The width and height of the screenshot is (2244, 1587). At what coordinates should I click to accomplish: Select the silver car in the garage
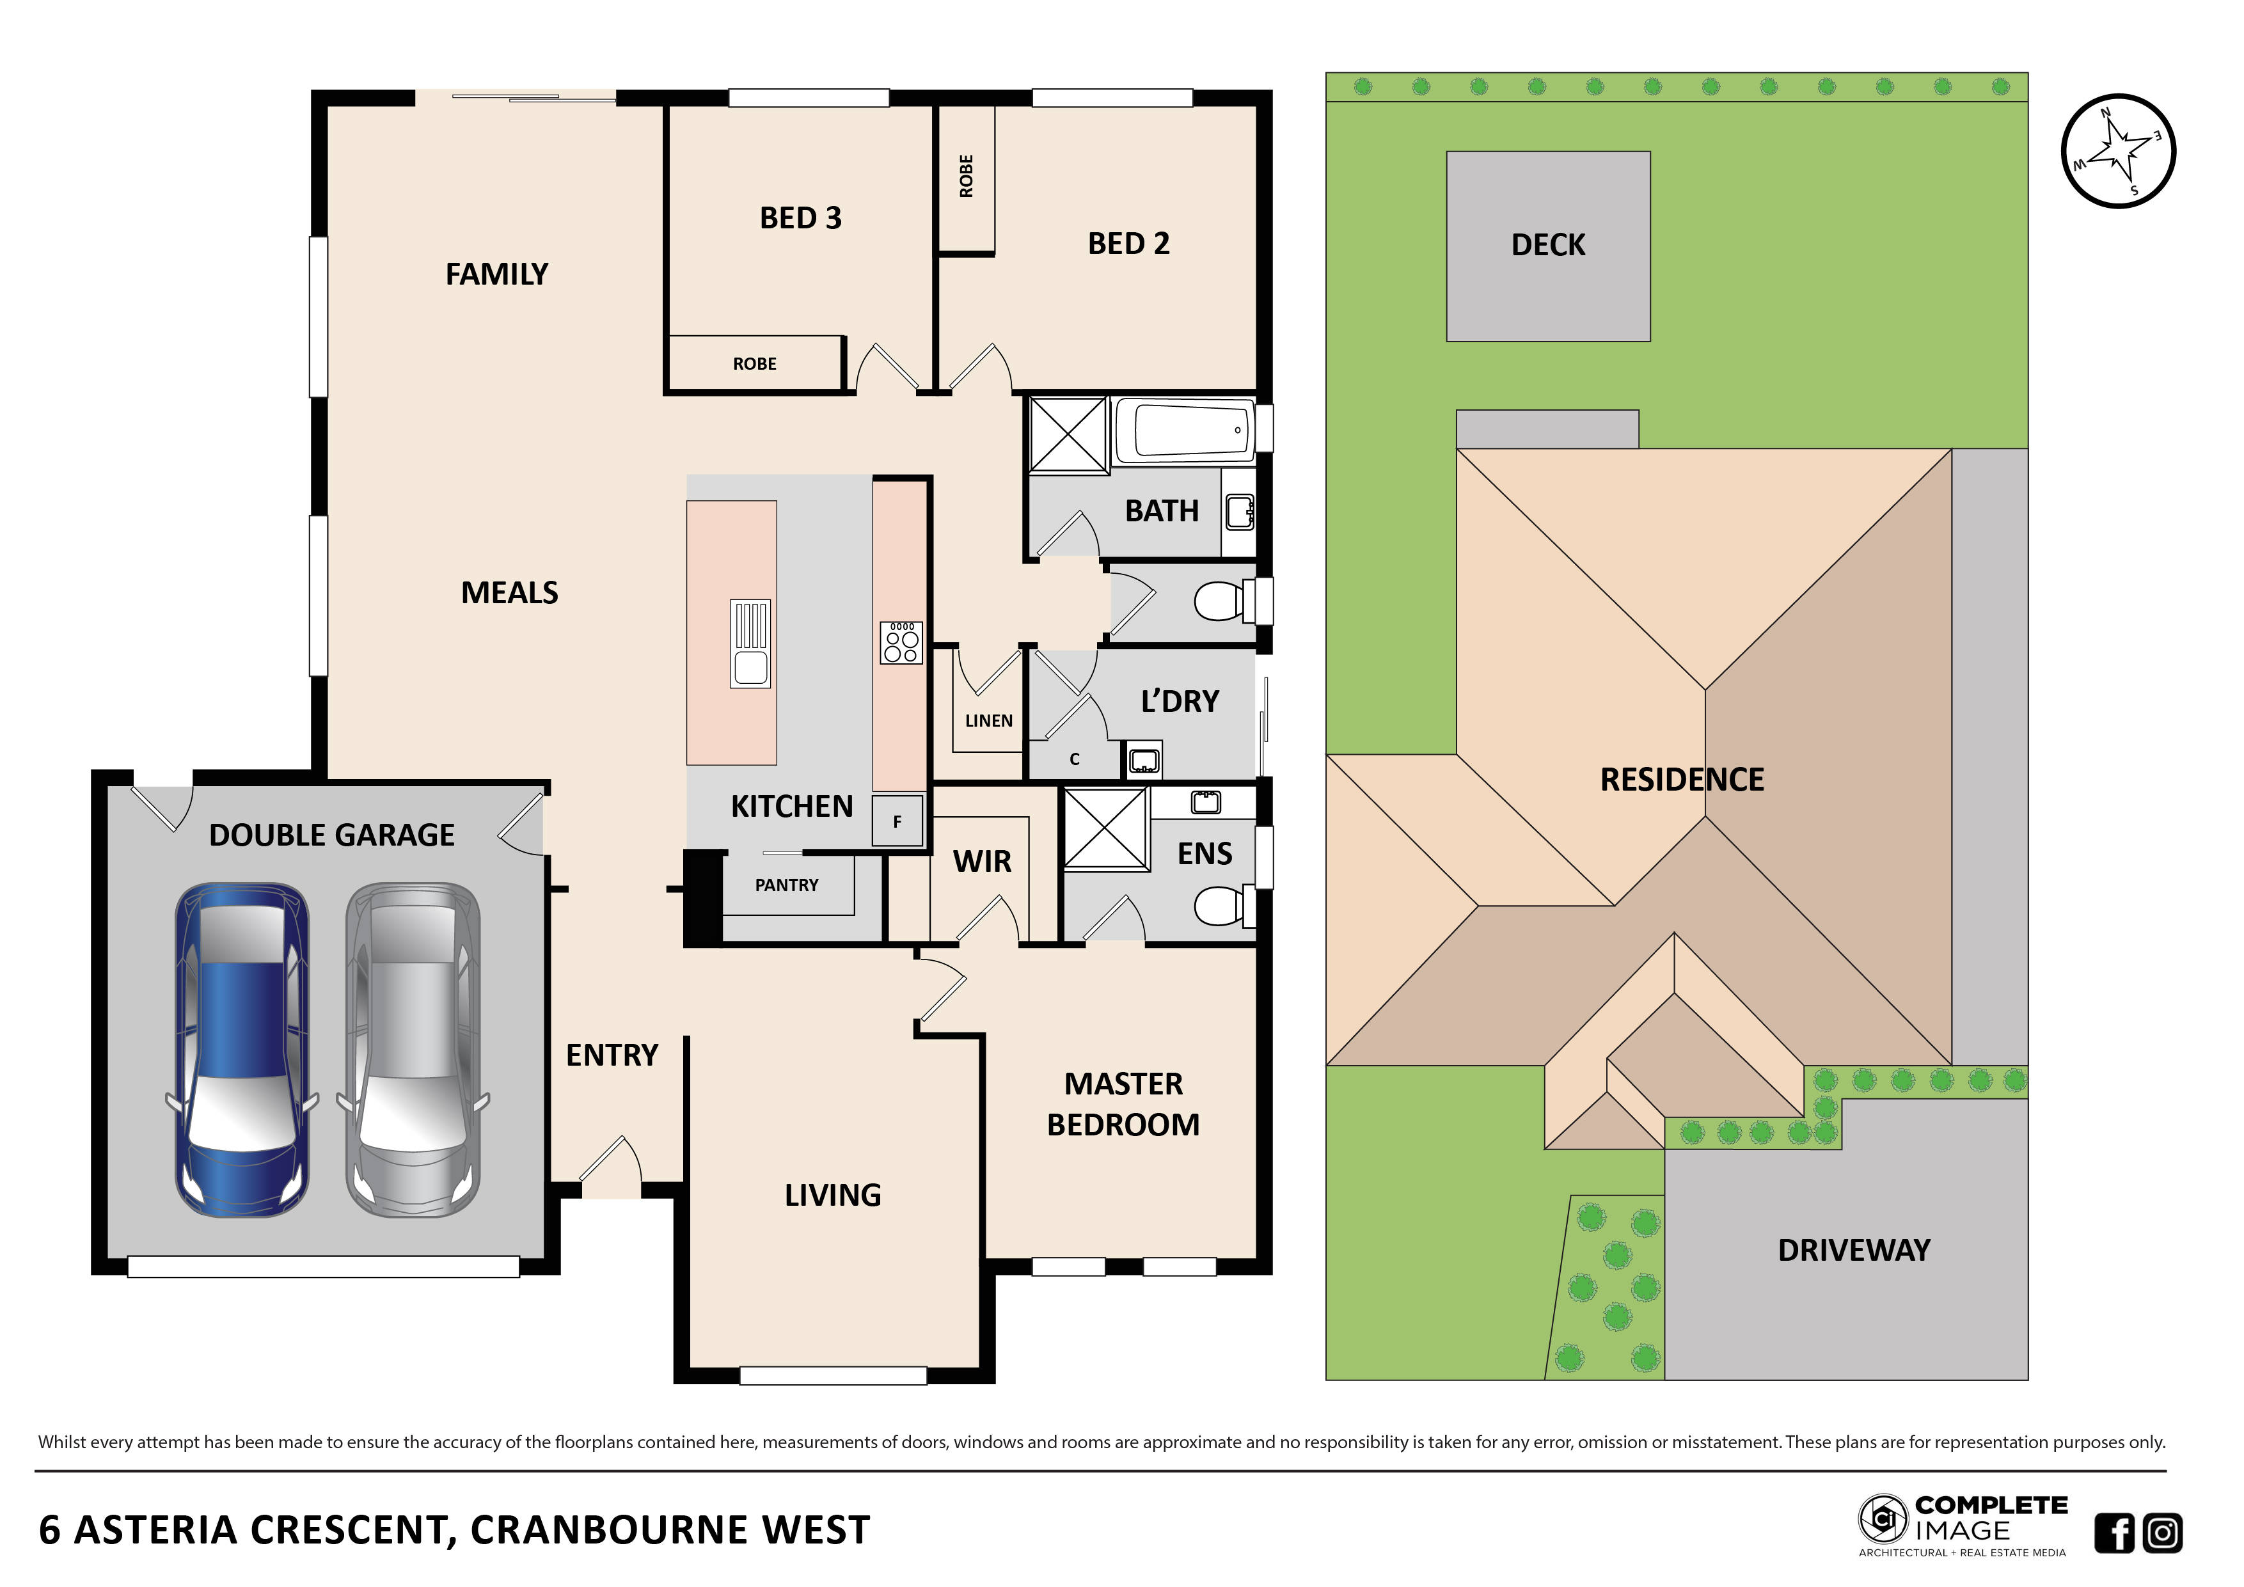click(413, 1050)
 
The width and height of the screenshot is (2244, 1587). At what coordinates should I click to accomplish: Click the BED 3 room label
click(800, 218)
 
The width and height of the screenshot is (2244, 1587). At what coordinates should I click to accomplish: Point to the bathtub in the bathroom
click(1183, 429)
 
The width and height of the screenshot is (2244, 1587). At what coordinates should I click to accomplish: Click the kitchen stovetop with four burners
click(900, 642)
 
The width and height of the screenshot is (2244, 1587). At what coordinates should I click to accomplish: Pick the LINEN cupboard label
click(988, 721)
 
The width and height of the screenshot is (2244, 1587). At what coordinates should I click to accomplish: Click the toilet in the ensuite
click(1222, 906)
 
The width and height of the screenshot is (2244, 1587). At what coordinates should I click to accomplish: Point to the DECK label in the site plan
click(1547, 245)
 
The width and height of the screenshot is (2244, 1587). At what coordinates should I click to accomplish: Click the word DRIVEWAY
click(1853, 1251)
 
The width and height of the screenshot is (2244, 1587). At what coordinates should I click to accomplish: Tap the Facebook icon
click(2114, 1532)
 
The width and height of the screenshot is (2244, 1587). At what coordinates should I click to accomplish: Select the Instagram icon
click(2162, 1532)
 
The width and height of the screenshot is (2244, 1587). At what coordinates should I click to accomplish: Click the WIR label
click(981, 862)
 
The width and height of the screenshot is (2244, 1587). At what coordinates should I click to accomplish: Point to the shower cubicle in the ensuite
click(1105, 828)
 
